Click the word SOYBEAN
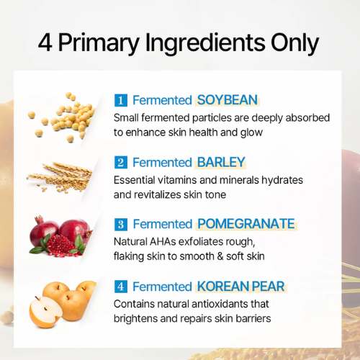tap(228, 100)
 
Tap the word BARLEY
tap(221, 162)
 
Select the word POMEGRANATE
tap(246, 224)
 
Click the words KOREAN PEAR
tap(240, 287)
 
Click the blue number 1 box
tap(121, 100)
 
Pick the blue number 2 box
tap(121, 162)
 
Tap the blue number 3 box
tap(121, 224)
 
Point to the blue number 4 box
tap(121, 287)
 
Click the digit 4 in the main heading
tap(45, 42)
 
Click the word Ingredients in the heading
tap(205, 44)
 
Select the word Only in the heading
tap(294, 44)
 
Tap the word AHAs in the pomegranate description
tap(163, 242)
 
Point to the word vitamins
tap(176, 180)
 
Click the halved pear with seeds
tap(45, 312)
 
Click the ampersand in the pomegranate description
tap(220, 256)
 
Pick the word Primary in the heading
tap(99, 44)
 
